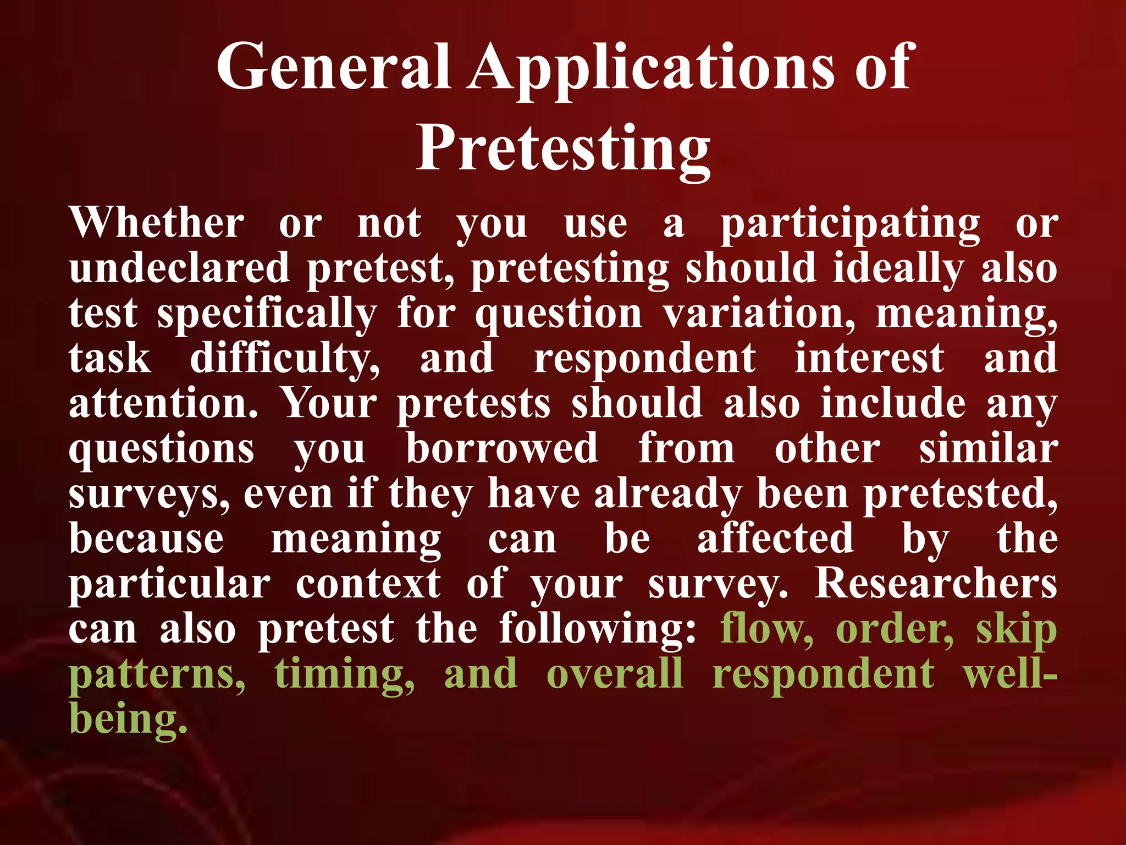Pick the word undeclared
coord(179,268)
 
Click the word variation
coord(759,314)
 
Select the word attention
coord(163,403)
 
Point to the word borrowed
coord(502,448)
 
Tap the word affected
coord(776,539)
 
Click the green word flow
coord(766,628)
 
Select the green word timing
coord(345,674)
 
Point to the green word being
coord(128,719)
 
